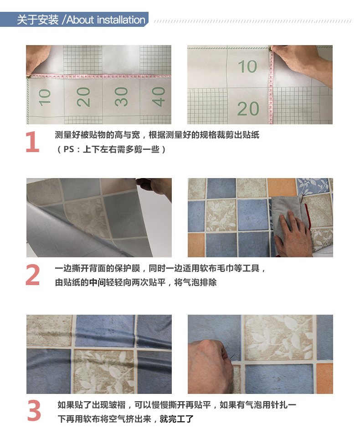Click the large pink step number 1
point(32,142)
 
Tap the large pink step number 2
point(32,275)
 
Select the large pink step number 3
point(34,411)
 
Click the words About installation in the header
point(106,20)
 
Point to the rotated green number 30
point(121,97)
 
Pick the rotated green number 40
point(159,97)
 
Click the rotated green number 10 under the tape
point(45,97)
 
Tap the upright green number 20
point(248,109)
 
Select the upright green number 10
point(247,66)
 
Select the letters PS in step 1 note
point(69,149)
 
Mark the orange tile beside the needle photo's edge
point(324,378)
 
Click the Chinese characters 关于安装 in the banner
point(38,20)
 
